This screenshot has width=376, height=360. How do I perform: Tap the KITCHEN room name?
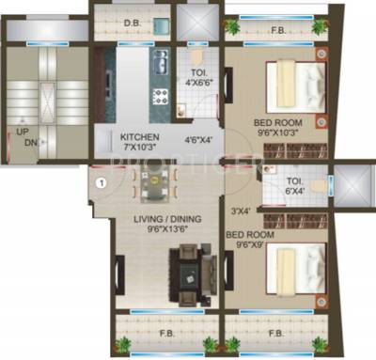[x=139, y=137]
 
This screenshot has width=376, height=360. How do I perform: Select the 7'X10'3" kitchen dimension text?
[x=139, y=148]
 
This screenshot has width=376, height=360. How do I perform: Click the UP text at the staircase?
[x=19, y=132]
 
